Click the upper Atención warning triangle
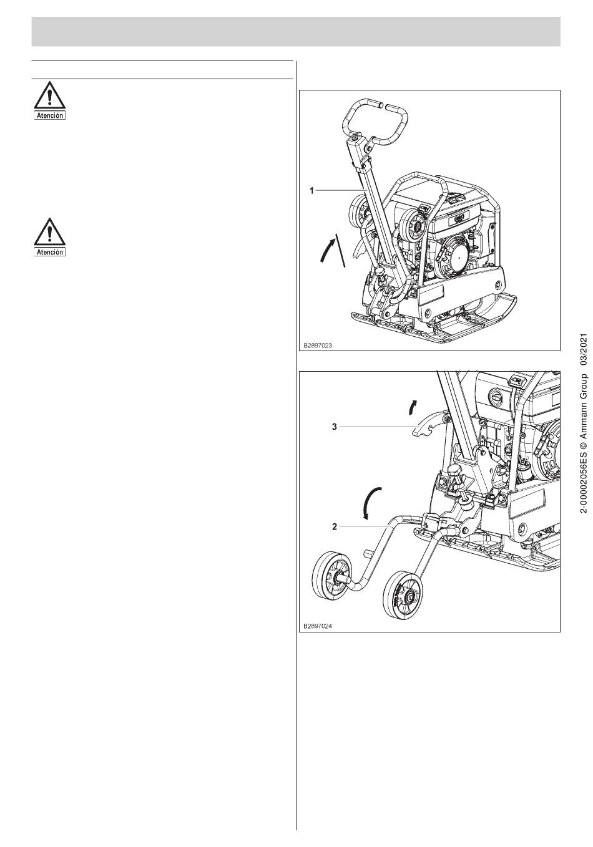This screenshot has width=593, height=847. [x=49, y=95]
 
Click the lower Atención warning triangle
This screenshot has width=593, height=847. [x=49, y=231]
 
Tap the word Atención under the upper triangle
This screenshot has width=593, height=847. [x=49, y=116]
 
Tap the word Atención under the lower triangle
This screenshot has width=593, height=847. [x=49, y=252]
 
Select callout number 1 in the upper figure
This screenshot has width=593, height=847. [x=312, y=191]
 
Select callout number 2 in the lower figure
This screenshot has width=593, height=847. [x=334, y=526]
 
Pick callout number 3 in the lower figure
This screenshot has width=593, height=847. [x=334, y=427]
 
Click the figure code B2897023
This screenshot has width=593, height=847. [x=318, y=346]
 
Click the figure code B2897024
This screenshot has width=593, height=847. [x=318, y=626]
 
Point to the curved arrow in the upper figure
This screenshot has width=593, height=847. [x=326, y=249]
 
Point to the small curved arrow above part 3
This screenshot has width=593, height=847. [x=413, y=407]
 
